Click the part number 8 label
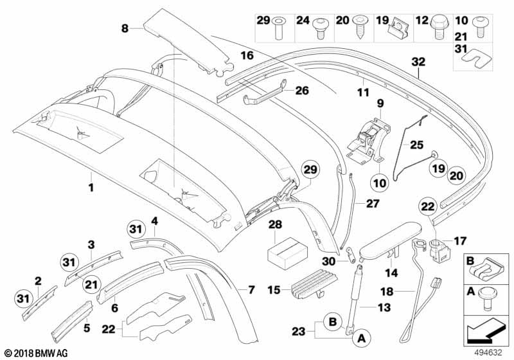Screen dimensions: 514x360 click(x=125, y=28)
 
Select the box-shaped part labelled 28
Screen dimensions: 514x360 click(x=287, y=252)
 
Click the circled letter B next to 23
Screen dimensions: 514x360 click(x=333, y=321)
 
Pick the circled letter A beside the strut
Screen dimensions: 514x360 click(x=361, y=337)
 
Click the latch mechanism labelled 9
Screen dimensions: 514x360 click(x=368, y=140)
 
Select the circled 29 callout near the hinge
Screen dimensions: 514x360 click(x=310, y=170)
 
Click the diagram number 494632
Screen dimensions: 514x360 click(x=489, y=353)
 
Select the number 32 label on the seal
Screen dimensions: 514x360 click(x=418, y=62)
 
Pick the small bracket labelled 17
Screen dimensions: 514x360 click(x=439, y=251)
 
